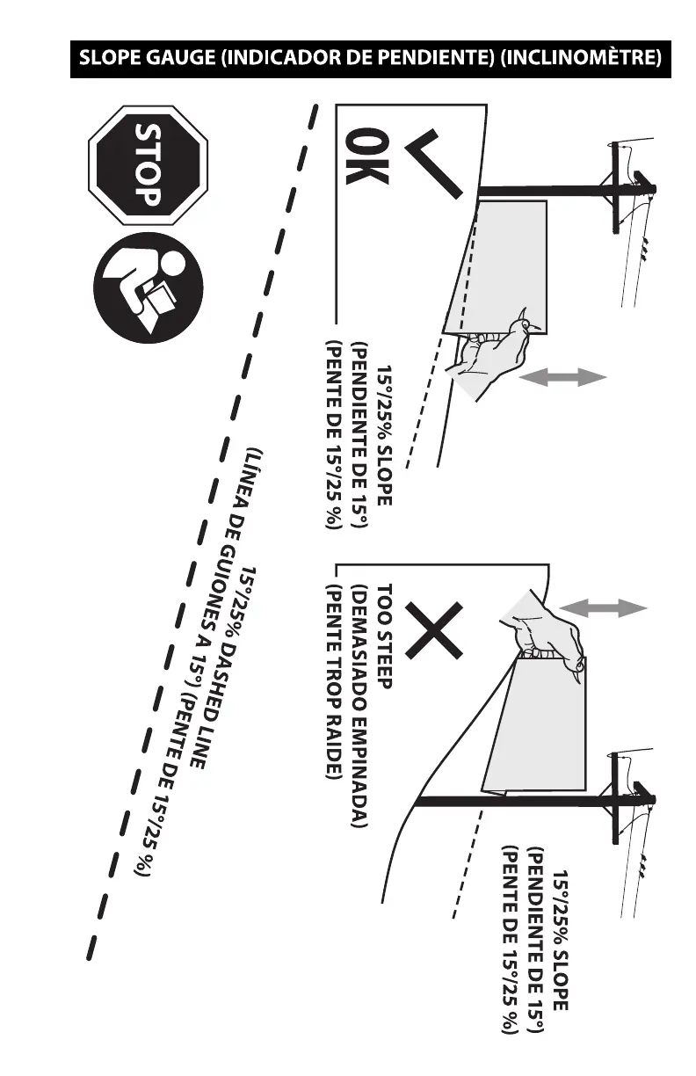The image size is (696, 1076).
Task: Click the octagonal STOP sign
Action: [x=147, y=170]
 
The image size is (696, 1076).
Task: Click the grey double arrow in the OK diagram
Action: [x=563, y=376]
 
